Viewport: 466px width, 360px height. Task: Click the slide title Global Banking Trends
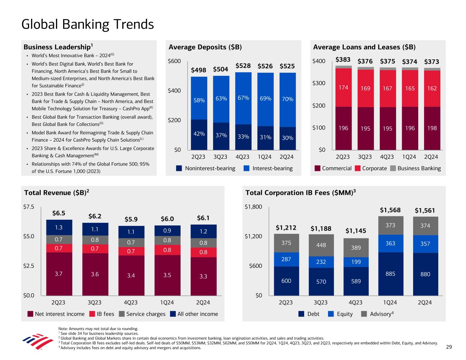coord(87,25)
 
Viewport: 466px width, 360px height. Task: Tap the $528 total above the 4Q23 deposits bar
coord(243,66)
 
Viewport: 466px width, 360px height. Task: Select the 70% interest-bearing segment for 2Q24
coord(287,99)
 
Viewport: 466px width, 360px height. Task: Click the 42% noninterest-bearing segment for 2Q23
coord(199,134)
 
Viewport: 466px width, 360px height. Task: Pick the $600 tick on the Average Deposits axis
coord(174,61)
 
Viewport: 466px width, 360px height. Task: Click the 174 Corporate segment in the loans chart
coord(343,88)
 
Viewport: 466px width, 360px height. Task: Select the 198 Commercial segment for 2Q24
coord(432,128)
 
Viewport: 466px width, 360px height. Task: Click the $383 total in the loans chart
coord(343,60)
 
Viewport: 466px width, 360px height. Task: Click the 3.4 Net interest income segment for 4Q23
coord(131,275)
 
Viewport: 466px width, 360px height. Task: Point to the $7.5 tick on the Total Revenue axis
coord(28,207)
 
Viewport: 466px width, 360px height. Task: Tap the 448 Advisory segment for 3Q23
coord(321,245)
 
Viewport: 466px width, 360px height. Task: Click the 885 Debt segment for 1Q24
coord(390,274)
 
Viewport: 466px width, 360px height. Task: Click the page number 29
coord(449,347)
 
